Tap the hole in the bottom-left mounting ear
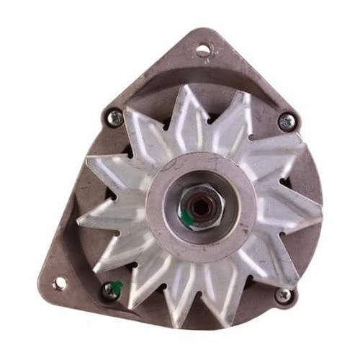pos(59,283)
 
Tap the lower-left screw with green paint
pos(110,290)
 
